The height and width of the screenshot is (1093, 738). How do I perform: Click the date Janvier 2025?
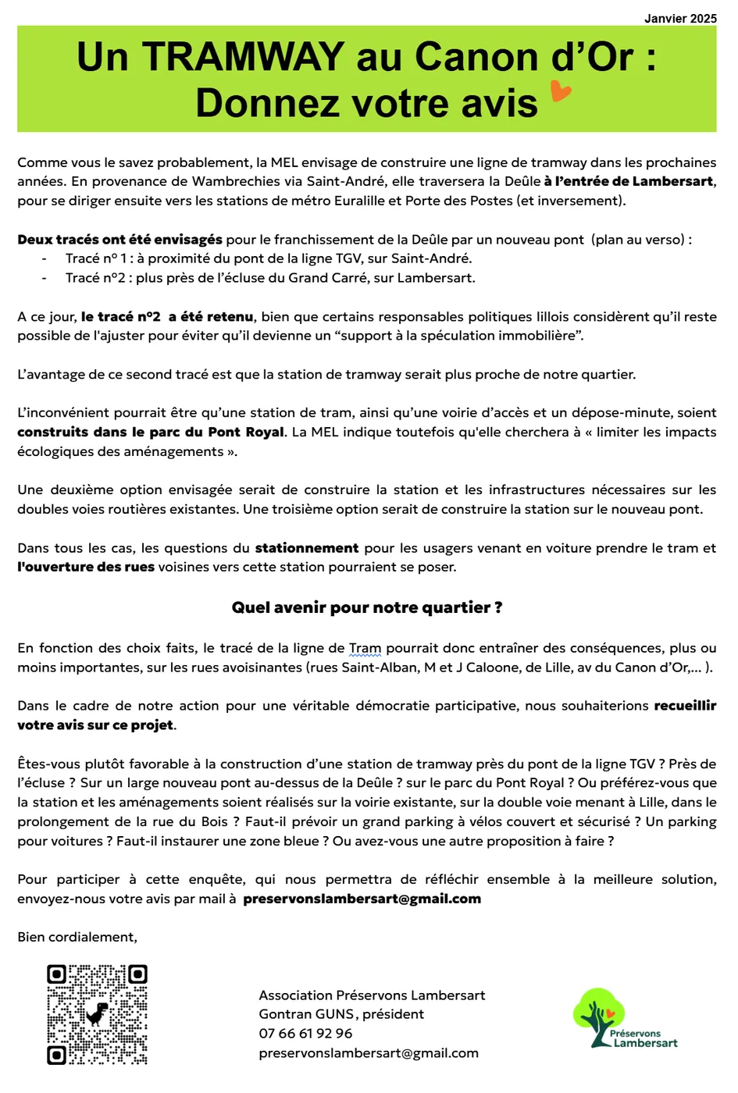(679, 18)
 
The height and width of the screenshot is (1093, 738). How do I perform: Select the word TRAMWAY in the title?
(242, 57)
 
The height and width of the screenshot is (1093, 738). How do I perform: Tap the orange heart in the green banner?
(561, 91)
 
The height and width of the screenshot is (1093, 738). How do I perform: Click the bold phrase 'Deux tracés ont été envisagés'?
(119, 240)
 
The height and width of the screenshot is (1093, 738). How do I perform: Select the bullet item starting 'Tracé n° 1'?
(268, 258)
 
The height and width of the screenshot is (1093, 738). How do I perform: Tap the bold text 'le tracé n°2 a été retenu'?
(167, 316)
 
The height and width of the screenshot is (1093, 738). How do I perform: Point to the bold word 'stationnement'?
(307, 548)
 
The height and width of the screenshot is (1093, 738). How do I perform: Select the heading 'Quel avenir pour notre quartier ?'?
(367, 607)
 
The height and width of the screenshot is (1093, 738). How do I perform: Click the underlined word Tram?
(365, 648)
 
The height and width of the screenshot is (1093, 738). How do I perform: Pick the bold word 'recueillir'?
(685, 706)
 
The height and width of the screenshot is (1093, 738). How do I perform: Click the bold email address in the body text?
(362, 899)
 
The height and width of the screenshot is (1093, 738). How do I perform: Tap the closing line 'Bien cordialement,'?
(77, 937)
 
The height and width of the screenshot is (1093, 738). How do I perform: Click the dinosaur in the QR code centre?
(97, 1014)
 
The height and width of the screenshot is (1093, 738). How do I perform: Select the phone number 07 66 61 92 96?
(305, 1034)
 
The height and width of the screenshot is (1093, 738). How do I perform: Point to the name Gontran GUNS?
(306, 1014)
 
